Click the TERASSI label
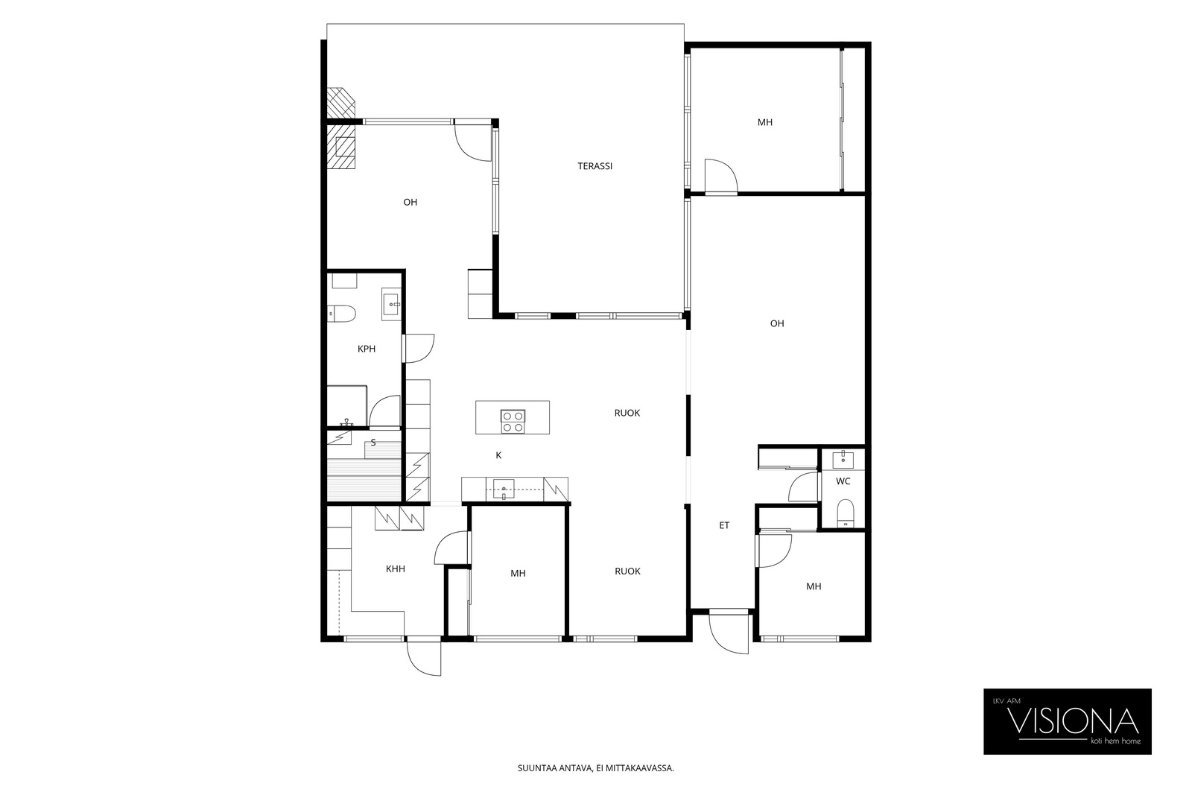click(x=595, y=166)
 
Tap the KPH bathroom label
click(x=367, y=349)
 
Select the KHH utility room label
click(x=396, y=568)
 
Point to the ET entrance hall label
click(x=724, y=525)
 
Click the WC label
click(x=843, y=481)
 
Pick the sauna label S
click(x=373, y=442)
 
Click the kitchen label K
click(x=498, y=455)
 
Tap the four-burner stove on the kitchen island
click(x=513, y=422)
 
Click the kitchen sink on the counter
click(x=504, y=489)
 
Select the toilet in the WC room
click(x=845, y=513)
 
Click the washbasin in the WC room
click(x=843, y=459)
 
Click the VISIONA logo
click(x=1068, y=721)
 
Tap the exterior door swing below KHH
click(x=424, y=657)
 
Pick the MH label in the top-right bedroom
click(x=764, y=122)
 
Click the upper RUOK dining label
click(x=627, y=413)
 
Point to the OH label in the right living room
click(x=777, y=323)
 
